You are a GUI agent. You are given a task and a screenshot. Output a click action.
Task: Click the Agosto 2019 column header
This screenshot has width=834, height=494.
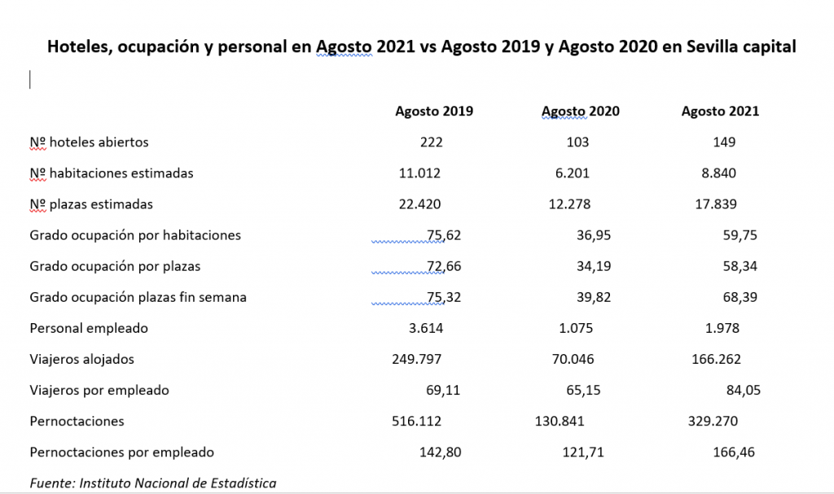coord(434,111)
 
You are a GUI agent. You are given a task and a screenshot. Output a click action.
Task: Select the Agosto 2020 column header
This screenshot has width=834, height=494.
coord(580,111)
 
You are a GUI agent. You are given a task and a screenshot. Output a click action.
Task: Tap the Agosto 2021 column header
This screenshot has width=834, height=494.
coord(720,111)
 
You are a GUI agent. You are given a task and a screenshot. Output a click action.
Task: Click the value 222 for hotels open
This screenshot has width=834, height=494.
coord(432,142)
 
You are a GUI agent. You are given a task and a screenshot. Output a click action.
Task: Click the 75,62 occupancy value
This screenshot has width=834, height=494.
coord(444,235)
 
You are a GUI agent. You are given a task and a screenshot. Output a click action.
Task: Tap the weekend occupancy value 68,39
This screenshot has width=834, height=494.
coord(743,297)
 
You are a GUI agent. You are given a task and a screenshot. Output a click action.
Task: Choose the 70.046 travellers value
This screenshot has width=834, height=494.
coord(571,360)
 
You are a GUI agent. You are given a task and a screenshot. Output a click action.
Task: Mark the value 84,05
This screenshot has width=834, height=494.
coord(743,391)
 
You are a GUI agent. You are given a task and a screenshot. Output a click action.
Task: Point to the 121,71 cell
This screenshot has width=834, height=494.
coord(583,452)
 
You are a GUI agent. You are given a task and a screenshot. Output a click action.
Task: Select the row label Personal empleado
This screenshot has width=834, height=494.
coord(89,329)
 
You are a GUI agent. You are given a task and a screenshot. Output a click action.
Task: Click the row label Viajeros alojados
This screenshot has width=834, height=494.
coord(81,360)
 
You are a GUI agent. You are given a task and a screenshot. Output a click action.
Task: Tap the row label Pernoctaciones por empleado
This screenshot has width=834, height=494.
coord(121,452)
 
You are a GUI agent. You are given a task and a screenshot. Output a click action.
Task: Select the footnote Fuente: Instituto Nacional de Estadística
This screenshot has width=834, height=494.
coord(152,483)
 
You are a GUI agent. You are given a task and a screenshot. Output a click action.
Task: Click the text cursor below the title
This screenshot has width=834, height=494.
coord(30,79)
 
